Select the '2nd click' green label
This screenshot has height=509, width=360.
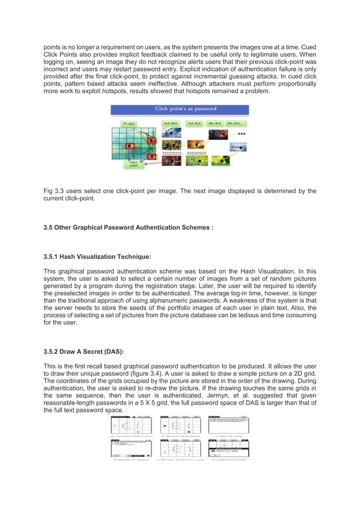pos(170,122)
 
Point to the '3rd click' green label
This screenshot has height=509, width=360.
pos(195,122)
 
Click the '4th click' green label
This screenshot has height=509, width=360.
pos(214,122)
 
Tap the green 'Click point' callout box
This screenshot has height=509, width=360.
pos(134,163)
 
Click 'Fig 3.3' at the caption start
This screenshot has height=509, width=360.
pos(55,191)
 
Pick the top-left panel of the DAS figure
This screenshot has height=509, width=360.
pos(131,427)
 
